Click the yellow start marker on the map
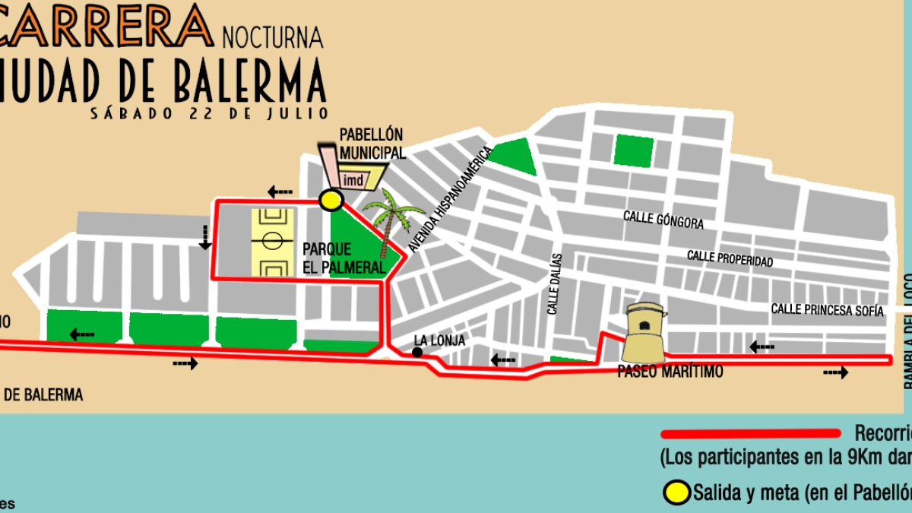point(330,200)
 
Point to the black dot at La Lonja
point(417,353)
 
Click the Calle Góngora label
point(663,220)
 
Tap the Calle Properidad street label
point(730,258)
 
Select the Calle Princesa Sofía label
point(828,310)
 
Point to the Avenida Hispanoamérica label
point(451,199)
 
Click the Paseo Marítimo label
point(670,372)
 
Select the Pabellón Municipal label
point(371,144)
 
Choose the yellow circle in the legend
point(678,492)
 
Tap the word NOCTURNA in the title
point(273,35)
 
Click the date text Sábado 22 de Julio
point(209,113)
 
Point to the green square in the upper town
point(633,150)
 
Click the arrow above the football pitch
point(280,191)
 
